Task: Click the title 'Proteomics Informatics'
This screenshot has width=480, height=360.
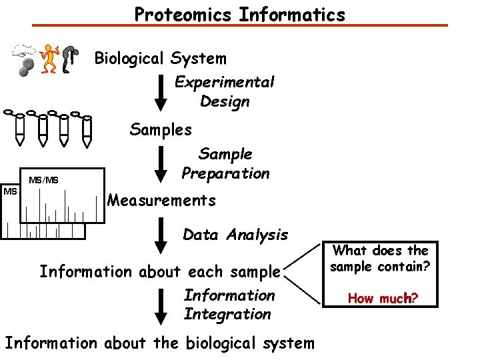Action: [240, 14]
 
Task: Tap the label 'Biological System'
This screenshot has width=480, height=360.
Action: [160, 59]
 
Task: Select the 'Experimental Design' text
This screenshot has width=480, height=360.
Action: [224, 92]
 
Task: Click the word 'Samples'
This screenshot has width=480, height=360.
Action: [161, 129]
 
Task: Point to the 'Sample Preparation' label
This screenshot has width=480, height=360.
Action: [225, 164]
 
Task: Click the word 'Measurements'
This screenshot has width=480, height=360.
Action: [161, 200]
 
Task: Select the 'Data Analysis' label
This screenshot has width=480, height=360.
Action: [235, 235]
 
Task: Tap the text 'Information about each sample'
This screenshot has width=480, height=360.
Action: [160, 272]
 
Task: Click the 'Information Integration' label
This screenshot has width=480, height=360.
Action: [229, 304]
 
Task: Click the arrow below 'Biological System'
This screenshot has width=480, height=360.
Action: [161, 91]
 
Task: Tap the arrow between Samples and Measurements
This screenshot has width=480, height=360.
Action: [161, 163]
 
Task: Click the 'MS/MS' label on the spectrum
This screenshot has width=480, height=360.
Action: [43, 179]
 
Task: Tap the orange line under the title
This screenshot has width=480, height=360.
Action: [240, 26]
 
